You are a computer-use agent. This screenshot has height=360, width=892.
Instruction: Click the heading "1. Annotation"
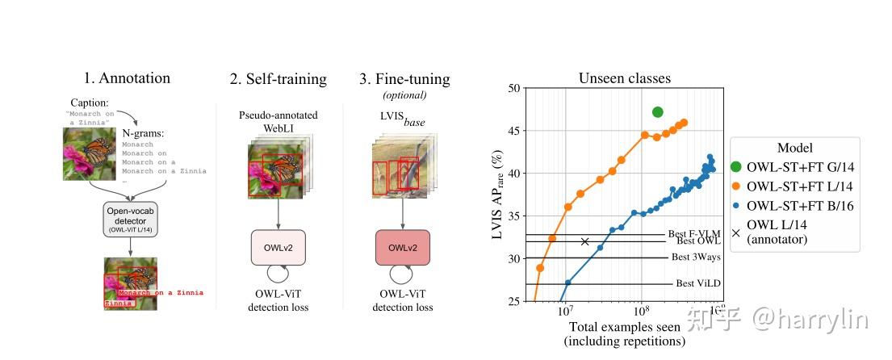(x=127, y=78)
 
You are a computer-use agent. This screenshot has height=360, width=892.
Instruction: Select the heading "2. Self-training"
(x=278, y=79)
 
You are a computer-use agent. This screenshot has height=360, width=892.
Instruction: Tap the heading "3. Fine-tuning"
(x=404, y=79)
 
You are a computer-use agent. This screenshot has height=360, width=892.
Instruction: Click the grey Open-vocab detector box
(x=130, y=219)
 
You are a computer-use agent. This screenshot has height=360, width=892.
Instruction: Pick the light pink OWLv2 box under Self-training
(x=278, y=247)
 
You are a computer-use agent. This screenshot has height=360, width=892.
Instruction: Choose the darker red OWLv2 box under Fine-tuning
(x=404, y=247)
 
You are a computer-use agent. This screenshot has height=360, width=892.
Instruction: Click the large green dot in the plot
(x=657, y=112)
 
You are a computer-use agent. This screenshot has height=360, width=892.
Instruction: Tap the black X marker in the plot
(x=584, y=241)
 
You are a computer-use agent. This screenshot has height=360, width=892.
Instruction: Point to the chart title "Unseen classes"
(x=624, y=78)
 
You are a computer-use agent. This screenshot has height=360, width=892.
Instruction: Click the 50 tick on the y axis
(x=512, y=88)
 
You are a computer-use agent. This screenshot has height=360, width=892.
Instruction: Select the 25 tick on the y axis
(x=512, y=301)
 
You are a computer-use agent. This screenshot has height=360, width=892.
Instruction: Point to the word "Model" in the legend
(x=794, y=148)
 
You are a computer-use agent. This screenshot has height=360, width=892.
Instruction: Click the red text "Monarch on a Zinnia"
(x=161, y=292)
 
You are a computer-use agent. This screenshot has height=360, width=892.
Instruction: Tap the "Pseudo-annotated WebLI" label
(x=277, y=122)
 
